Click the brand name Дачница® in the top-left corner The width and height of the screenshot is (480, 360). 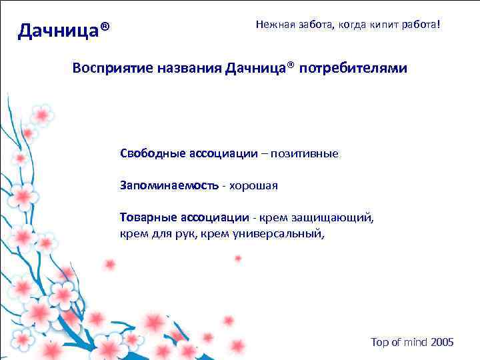64,30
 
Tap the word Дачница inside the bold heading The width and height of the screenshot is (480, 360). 259,69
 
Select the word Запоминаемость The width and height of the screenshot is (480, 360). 168,185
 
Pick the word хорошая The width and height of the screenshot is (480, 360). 253,185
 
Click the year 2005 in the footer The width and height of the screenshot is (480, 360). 442,342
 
